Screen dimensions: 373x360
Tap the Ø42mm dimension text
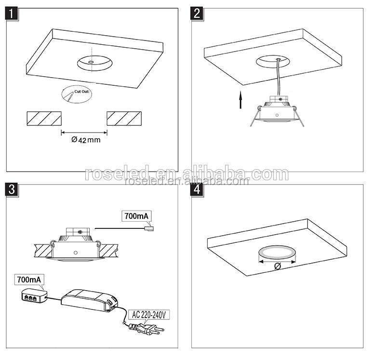pyautogui.click(x=85, y=140)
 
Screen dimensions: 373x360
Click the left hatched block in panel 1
pyautogui.click(x=44, y=118)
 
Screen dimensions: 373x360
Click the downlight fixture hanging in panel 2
pyautogui.click(x=276, y=112)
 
